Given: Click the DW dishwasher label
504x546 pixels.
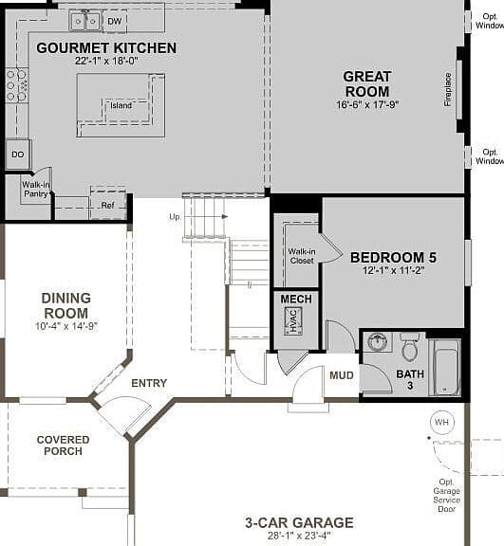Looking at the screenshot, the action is coord(114,21).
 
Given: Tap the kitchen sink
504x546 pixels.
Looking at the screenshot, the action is coord(85,22).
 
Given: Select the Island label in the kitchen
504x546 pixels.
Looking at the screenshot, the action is coord(121,105).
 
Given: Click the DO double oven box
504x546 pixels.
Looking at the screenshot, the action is coord(18,155).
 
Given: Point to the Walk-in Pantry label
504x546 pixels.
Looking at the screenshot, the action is coord(36,189).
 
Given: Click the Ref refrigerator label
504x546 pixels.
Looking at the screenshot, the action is coord(107,206).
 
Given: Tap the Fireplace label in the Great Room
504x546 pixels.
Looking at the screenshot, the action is coord(448,89).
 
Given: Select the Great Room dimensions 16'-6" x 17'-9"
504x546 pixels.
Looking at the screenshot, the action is coord(367,104).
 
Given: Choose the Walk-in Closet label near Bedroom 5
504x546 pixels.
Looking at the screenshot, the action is coord(302,256).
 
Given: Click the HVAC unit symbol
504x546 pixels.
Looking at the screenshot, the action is coord(293,320).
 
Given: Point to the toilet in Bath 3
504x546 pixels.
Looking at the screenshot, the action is coord(410,347).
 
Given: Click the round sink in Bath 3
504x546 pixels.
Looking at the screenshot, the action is coord(377,341).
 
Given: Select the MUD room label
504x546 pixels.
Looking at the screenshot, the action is coord(342,375).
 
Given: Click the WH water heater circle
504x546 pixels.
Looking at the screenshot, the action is coord(442,423).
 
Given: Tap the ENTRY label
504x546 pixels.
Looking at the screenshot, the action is coord(149,383).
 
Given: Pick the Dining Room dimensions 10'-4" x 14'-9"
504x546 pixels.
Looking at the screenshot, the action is coord(66,326).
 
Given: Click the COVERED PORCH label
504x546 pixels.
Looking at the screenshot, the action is coord(63,446).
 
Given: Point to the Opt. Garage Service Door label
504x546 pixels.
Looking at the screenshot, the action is coord(446,496).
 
